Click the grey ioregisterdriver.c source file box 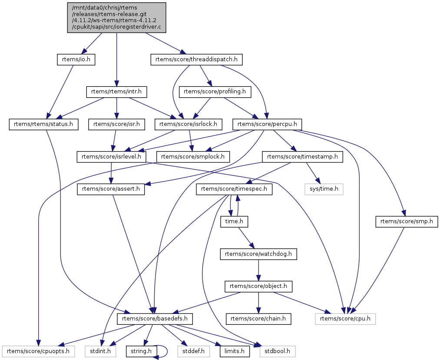(116, 17)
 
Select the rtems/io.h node (76, 59)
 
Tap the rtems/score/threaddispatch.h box (196, 59)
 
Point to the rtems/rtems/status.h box (43, 124)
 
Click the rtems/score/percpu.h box (268, 124)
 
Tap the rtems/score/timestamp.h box (302, 157)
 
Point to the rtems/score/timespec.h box (234, 189)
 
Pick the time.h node (234, 222)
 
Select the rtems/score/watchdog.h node (258, 254)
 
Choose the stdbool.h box (278, 350)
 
